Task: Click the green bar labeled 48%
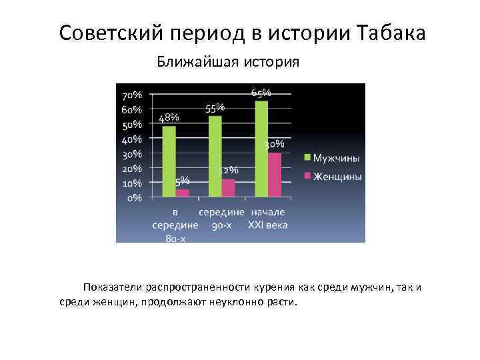169,161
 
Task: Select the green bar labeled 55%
215,157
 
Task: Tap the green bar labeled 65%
261,149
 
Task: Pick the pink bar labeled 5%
182,193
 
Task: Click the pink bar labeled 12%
229,187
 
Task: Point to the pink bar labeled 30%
275,175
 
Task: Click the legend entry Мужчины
336,159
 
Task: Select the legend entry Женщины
337,177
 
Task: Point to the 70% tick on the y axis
132,95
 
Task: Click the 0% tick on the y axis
135,197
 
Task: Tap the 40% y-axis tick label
132,139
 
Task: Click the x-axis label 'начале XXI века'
268,219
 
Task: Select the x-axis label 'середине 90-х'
221,219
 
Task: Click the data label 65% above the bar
261,92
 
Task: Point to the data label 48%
169,117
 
